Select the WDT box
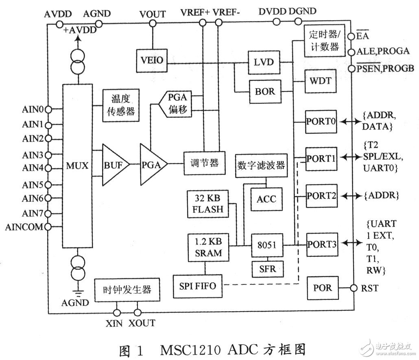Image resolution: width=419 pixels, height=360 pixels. (x=320, y=81)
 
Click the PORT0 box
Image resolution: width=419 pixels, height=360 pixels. (x=321, y=121)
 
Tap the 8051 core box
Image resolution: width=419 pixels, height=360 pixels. (x=266, y=245)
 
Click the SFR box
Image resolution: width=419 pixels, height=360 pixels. (x=266, y=268)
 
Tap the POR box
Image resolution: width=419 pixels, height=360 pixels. (x=323, y=288)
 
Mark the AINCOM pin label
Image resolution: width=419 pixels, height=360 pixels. (x=24, y=227)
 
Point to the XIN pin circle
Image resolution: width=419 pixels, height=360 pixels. (x=117, y=312)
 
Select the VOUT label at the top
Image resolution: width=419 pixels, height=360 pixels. (x=152, y=14)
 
